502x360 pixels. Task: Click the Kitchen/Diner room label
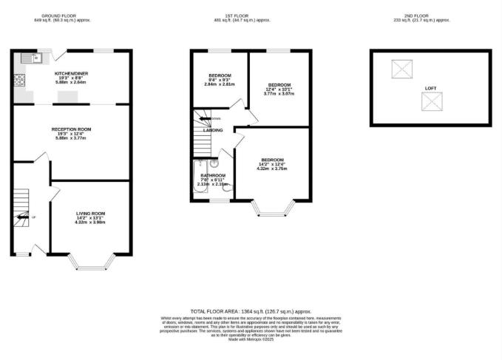pos(72,73)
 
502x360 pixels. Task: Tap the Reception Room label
pos(72,129)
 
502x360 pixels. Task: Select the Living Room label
pos(90,214)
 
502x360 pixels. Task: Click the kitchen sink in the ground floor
pos(29,58)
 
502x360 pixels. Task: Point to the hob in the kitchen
pos(18,78)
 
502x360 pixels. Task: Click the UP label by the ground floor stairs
pos(34,217)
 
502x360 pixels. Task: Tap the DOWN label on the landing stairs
pos(215,118)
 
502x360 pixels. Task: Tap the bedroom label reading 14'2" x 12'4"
pos(272,160)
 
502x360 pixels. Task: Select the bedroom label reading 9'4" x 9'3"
pos(219,75)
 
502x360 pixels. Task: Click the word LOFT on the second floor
pos(430,88)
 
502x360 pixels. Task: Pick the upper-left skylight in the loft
pos(401,70)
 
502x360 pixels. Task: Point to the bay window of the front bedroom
pos(274,211)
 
